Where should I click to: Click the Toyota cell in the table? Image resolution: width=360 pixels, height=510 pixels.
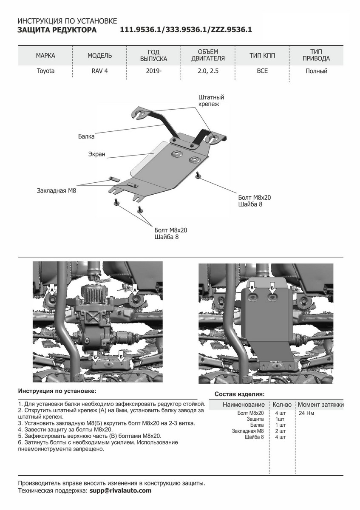coord(45,71)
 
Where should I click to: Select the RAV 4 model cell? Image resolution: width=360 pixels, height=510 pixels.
coord(99,71)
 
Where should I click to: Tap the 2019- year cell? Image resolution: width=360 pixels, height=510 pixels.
coord(153,71)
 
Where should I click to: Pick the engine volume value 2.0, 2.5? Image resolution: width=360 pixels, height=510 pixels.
coord(208,71)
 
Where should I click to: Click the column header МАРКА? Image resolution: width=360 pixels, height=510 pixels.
coord(45,56)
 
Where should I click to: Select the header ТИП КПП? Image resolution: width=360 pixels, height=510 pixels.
coord(262,56)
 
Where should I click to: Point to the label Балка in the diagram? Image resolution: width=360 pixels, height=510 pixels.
coord(86,137)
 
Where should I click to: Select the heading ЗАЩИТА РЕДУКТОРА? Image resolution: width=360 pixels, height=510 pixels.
coord(57,30)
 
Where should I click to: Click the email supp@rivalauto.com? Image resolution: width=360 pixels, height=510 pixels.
coord(120,490)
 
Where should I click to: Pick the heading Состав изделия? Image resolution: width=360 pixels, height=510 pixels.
coord(240,394)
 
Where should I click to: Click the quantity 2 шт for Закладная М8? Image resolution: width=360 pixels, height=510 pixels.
coord(280,431)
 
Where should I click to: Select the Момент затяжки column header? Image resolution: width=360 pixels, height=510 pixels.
coord(320,405)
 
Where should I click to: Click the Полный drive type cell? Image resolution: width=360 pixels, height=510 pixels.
coord(316,71)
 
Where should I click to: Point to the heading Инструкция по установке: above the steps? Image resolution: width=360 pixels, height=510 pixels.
coord(57,390)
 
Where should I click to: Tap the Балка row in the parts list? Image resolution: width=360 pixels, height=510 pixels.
coord(257,425)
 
